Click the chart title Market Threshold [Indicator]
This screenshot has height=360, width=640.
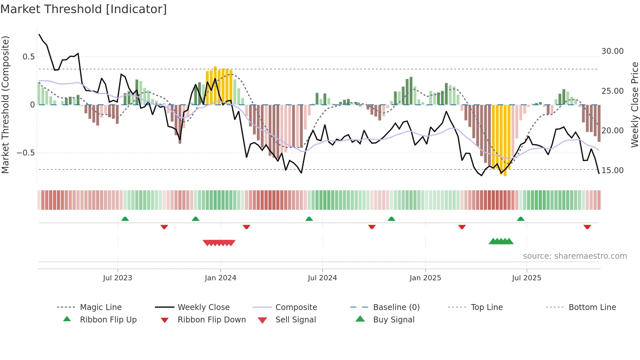[84, 9]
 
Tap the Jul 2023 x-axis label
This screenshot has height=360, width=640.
[118, 278]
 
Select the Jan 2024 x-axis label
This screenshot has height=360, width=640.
[220, 278]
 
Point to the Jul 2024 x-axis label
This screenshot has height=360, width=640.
[322, 278]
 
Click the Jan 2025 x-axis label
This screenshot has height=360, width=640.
[425, 278]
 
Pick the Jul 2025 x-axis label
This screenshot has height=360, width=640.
[526, 278]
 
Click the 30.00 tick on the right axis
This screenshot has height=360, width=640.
[612, 51]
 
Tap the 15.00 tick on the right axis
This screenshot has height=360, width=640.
[612, 171]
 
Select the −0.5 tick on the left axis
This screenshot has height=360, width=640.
[25, 153]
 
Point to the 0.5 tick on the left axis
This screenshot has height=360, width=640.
[28, 57]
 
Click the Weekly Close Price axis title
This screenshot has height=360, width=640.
[634, 105]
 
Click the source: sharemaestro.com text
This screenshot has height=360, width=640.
[575, 256]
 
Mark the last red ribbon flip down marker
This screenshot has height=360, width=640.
[587, 227]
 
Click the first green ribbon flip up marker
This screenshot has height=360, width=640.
[125, 219]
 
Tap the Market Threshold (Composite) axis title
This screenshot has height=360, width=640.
[5, 105]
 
